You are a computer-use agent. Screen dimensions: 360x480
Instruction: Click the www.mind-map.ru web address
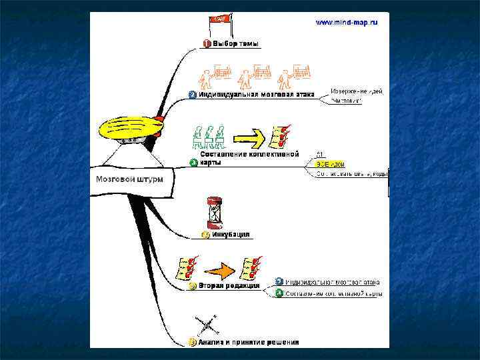tap(346, 22)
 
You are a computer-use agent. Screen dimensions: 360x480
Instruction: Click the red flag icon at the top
tap(219, 22)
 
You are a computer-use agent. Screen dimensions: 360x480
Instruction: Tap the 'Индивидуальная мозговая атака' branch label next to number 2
tap(259, 95)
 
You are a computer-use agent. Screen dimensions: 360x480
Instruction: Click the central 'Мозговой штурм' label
tap(127, 179)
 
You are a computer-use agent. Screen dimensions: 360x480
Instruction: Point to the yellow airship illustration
tap(130, 128)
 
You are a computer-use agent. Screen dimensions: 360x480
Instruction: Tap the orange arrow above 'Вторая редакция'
tap(220, 269)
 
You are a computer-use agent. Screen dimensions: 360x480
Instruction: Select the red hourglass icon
tap(215, 213)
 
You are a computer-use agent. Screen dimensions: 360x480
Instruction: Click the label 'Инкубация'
tap(231, 234)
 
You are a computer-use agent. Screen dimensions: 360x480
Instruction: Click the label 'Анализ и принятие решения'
tap(248, 342)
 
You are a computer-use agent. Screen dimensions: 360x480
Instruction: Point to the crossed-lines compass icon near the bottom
tap(208, 326)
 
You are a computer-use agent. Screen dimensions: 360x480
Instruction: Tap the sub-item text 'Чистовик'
tap(347, 101)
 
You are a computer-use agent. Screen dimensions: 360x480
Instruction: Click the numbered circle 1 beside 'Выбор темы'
tap(207, 44)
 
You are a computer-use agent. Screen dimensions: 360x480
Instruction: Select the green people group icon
tap(208, 137)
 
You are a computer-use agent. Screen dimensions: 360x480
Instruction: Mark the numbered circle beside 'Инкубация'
tap(206, 235)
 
